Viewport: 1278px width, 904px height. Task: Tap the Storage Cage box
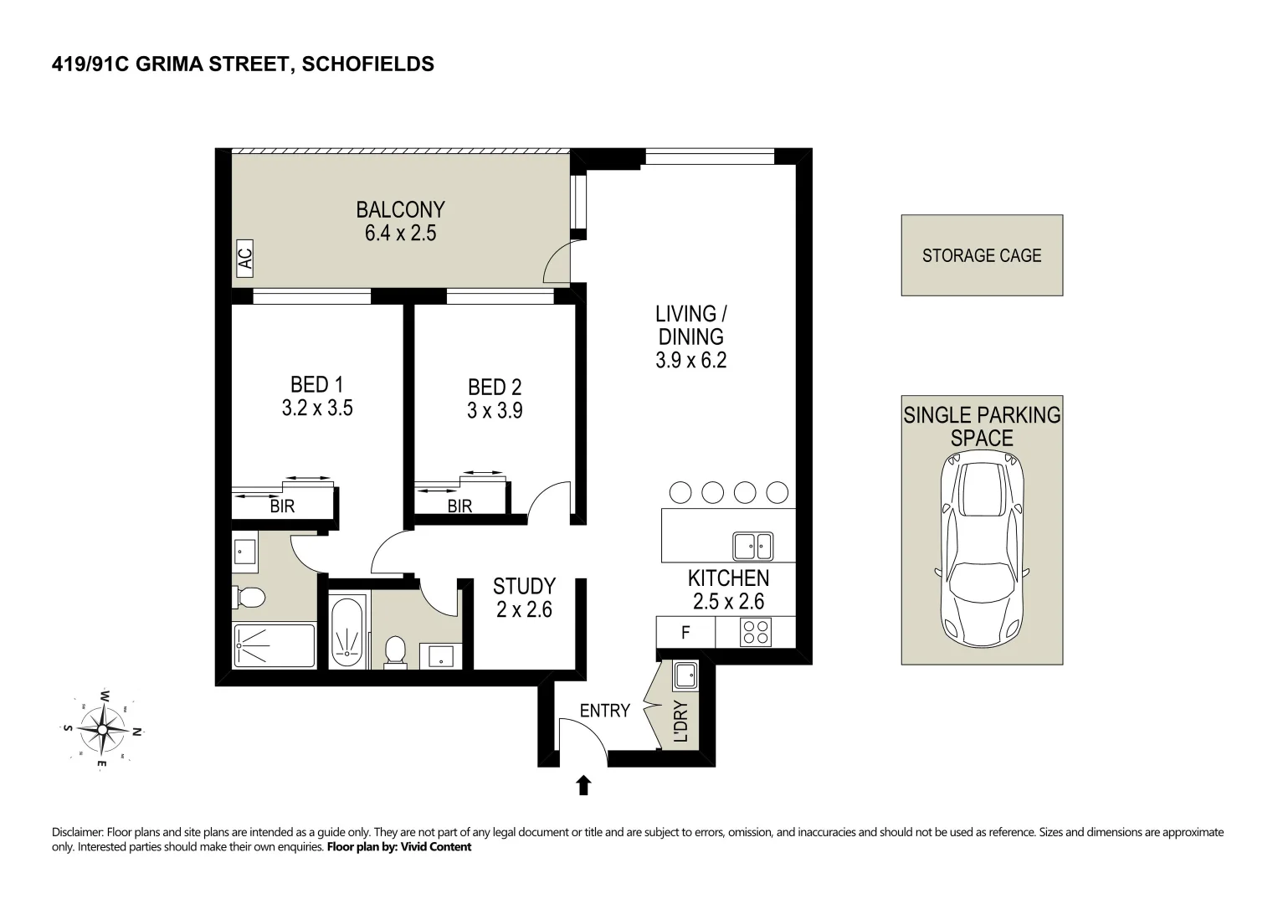tap(981, 255)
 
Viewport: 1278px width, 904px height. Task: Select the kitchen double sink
tap(753, 547)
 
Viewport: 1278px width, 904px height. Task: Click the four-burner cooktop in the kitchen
tap(755, 632)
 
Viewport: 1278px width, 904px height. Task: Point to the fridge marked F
tap(685, 633)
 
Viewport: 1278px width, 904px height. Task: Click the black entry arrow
tap(583, 785)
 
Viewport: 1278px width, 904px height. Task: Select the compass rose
tap(102, 729)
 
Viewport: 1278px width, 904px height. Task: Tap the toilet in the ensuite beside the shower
tap(249, 597)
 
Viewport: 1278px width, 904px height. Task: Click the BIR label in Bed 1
tap(282, 506)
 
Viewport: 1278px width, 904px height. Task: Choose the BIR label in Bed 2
tap(459, 506)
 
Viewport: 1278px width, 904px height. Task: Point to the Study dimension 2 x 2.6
tap(524, 610)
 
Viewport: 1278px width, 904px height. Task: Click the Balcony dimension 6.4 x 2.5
tap(400, 234)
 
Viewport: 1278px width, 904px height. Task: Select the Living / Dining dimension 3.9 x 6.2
tap(690, 361)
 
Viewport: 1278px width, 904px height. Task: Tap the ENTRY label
tap(604, 711)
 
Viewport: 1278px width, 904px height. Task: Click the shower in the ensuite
tap(275, 645)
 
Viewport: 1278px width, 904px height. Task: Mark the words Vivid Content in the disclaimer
tap(436, 847)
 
